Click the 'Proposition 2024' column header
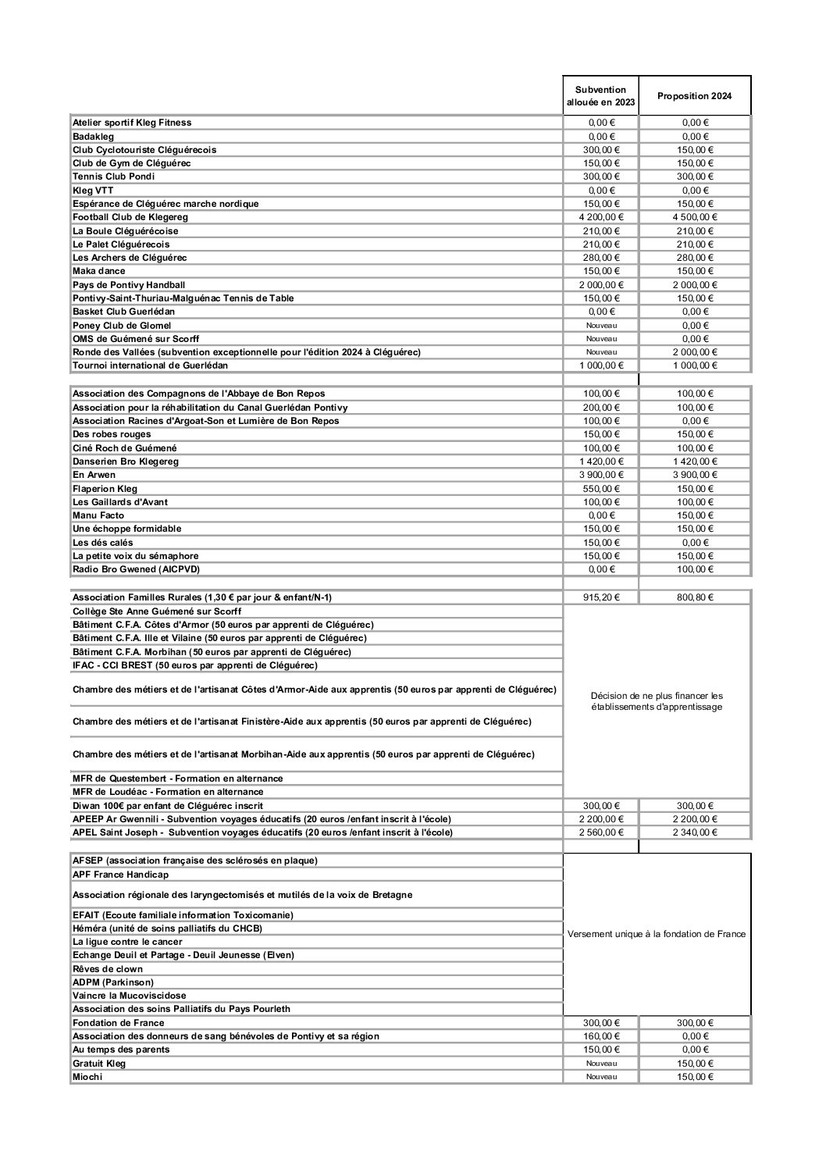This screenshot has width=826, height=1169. pos(695,96)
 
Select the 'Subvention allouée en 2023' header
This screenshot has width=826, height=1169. pos(600,96)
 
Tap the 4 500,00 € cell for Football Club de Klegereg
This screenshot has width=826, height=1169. pos(695,217)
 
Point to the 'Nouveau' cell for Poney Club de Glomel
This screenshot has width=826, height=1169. pos(601,326)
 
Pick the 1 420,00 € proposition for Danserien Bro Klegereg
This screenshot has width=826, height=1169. pos(695,462)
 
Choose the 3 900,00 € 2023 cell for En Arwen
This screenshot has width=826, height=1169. pos(601,475)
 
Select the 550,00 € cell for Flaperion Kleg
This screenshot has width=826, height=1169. pos(601,489)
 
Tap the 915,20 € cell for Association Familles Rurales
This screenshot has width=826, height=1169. pos(601,597)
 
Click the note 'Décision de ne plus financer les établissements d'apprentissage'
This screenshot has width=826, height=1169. pos(657,701)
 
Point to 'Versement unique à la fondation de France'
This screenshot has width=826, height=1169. pos(657,934)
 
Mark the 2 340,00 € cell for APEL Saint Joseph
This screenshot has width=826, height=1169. pos(695,832)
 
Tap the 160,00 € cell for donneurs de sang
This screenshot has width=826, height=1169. pos(601,1036)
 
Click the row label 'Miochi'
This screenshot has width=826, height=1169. pos(87,1077)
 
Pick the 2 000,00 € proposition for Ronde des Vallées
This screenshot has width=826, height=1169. pos(695,352)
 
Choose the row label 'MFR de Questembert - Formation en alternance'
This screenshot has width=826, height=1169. pos(178,779)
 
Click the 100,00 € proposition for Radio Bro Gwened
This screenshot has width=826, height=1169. pos(695,569)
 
